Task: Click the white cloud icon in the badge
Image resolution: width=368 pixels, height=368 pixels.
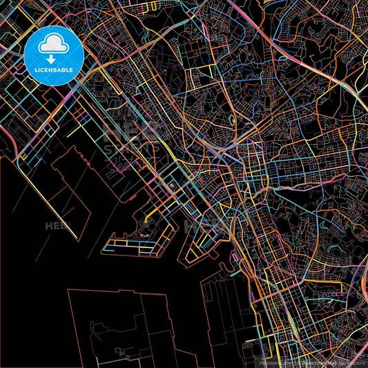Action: click(x=54, y=45)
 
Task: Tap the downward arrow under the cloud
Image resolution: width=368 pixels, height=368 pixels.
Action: click(x=54, y=59)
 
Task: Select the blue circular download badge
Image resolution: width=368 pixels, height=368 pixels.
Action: click(x=54, y=55)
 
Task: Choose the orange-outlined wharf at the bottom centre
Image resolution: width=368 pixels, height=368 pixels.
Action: click(x=221, y=311)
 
